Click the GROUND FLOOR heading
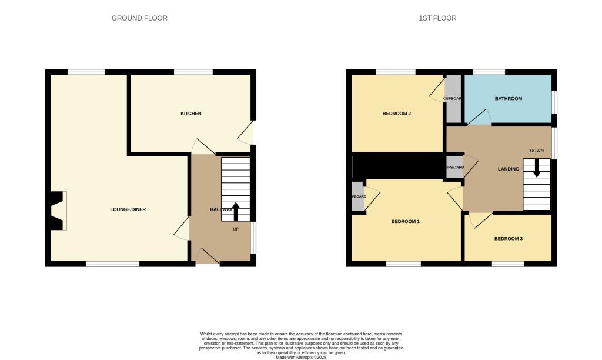(x=139, y=18)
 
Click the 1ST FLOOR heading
(x=437, y=18)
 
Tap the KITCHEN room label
(x=191, y=113)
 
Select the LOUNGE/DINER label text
(x=128, y=209)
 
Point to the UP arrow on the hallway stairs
(x=236, y=211)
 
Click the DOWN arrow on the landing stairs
(x=536, y=169)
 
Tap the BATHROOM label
(x=509, y=98)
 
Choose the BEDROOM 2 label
(x=397, y=114)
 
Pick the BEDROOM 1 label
(x=406, y=222)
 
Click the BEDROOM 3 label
(x=508, y=239)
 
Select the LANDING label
(x=509, y=169)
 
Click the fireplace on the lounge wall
(x=58, y=211)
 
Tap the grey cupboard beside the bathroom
(x=453, y=99)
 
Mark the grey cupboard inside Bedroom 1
(x=358, y=196)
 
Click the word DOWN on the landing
(x=537, y=151)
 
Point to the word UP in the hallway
(x=236, y=229)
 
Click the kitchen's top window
(x=193, y=72)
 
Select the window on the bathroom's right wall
(x=554, y=103)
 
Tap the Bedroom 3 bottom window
(x=508, y=264)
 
